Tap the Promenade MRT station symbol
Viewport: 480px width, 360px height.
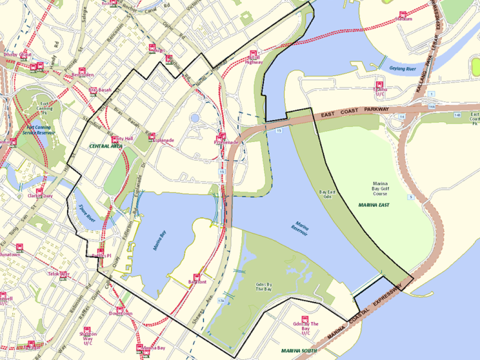click(x=222, y=135)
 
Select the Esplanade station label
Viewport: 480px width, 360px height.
click(x=163, y=141)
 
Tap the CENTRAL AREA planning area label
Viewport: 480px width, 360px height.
click(x=106, y=147)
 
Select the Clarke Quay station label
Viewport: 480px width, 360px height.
click(x=40, y=196)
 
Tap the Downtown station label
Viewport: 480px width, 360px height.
click(x=121, y=314)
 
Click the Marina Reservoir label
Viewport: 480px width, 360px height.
click(x=300, y=230)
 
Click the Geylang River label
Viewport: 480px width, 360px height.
click(x=403, y=69)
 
